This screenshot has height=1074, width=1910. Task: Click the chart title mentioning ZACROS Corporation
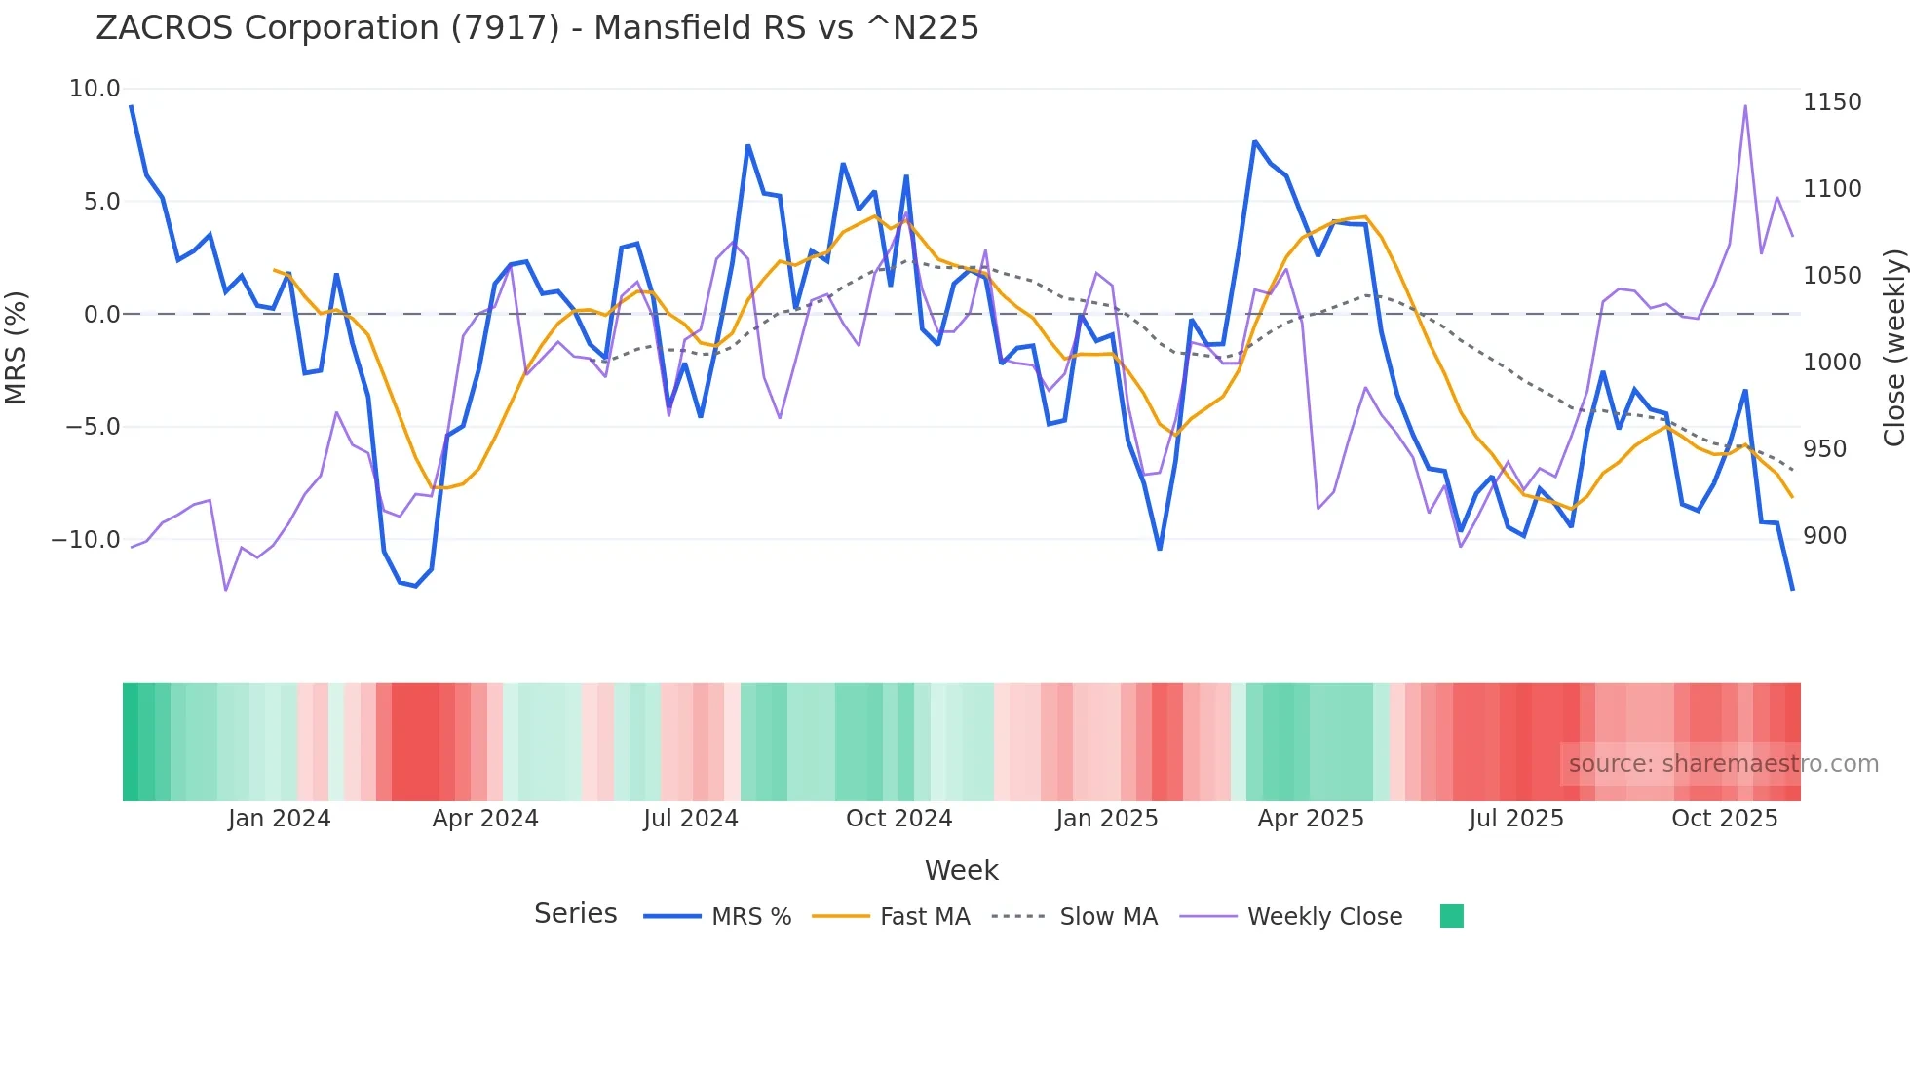tap(537, 28)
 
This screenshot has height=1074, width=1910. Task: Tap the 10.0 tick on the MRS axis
tap(95, 89)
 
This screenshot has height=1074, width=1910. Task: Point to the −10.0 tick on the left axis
tap(86, 539)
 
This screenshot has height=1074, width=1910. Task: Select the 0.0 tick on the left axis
tap(101, 314)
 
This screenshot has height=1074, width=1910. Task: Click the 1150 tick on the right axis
tap(1832, 102)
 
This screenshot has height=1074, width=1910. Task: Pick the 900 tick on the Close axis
tap(1824, 536)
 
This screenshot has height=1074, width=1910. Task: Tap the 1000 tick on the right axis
tap(1832, 363)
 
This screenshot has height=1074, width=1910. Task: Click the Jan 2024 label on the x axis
tap(280, 819)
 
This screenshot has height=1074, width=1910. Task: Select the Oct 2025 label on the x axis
tap(1724, 819)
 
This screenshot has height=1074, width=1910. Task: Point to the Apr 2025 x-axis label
tap(1311, 819)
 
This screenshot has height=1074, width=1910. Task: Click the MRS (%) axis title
tap(17, 347)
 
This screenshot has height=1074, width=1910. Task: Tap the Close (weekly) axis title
tap(1893, 348)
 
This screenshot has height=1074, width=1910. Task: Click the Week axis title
tap(961, 870)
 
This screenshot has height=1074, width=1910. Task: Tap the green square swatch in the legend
tap(1451, 916)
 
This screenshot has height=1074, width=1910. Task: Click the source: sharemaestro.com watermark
tap(1723, 764)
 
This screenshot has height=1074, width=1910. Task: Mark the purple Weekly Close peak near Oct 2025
tap(1745, 106)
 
